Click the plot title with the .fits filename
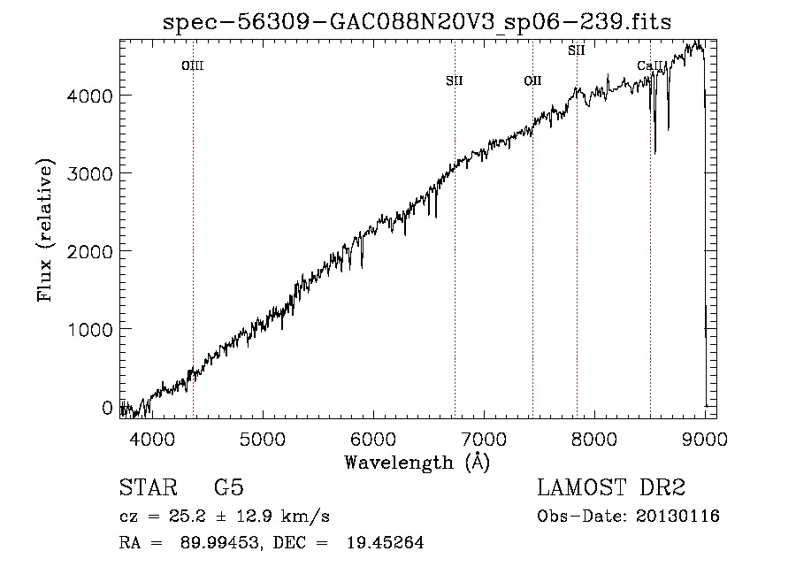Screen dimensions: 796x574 click(x=417, y=22)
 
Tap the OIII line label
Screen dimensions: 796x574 click(x=193, y=65)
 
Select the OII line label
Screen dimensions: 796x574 click(x=532, y=80)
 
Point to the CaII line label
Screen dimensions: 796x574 click(x=650, y=65)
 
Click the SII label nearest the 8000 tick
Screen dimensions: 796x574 click(x=576, y=50)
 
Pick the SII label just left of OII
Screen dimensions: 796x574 click(x=455, y=80)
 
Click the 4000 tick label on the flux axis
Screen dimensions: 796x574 click(x=89, y=96)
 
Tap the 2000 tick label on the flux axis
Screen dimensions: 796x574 click(x=89, y=251)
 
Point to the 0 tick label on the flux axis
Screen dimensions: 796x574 click(x=107, y=407)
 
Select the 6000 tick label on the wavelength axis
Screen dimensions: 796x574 click(x=373, y=439)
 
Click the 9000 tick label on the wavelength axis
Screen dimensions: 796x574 click(x=705, y=439)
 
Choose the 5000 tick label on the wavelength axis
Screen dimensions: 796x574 click(x=263, y=439)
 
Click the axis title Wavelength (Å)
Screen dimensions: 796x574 click(x=417, y=463)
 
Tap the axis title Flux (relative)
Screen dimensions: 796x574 click(x=45, y=231)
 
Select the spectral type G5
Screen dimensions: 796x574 click(x=229, y=487)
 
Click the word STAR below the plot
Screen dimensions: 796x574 click(x=149, y=487)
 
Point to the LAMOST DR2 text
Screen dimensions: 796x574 click(x=611, y=487)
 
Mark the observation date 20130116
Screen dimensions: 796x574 click(x=677, y=517)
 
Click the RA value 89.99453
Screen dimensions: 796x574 click(x=219, y=542)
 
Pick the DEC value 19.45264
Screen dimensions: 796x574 click(x=386, y=542)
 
